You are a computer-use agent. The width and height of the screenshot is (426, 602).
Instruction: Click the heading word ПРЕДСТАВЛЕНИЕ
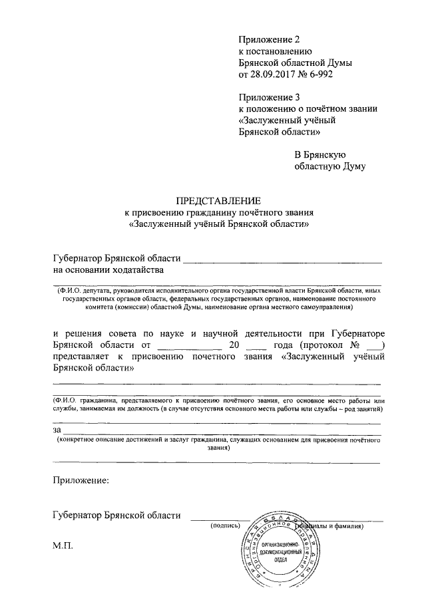[219, 200]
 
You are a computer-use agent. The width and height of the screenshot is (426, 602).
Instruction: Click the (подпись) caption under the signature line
[224, 526]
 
